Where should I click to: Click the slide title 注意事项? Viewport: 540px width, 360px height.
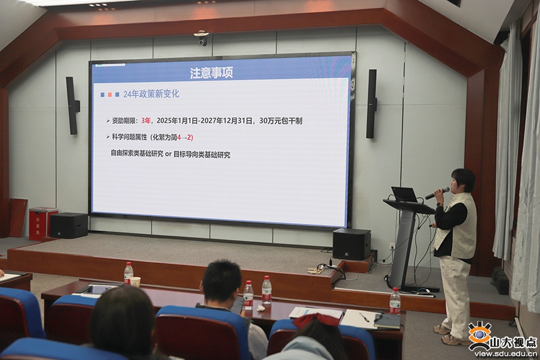point(211,73)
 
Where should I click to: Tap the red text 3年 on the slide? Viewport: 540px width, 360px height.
point(146,121)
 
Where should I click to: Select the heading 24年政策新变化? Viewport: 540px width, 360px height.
point(151,94)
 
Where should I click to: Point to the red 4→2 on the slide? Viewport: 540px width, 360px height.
point(184,137)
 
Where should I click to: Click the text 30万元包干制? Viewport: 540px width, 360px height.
point(281,121)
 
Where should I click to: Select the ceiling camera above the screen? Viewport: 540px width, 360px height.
point(203,38)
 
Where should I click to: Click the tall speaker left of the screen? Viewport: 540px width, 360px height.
point(73,106)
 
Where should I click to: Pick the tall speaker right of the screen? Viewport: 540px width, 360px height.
point(371,104)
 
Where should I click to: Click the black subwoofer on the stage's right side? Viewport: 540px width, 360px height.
point(351,244)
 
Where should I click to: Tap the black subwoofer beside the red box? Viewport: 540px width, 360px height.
point(69,226)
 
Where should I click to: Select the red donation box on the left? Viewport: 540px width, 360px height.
point(43,223)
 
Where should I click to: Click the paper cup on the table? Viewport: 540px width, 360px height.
point(136,282)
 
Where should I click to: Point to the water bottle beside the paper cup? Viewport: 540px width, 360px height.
point(128,274)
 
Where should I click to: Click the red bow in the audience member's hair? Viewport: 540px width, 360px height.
point(316,320)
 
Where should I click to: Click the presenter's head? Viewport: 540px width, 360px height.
point(463,181)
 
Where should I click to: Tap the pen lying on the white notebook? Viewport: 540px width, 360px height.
point(364,317)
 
